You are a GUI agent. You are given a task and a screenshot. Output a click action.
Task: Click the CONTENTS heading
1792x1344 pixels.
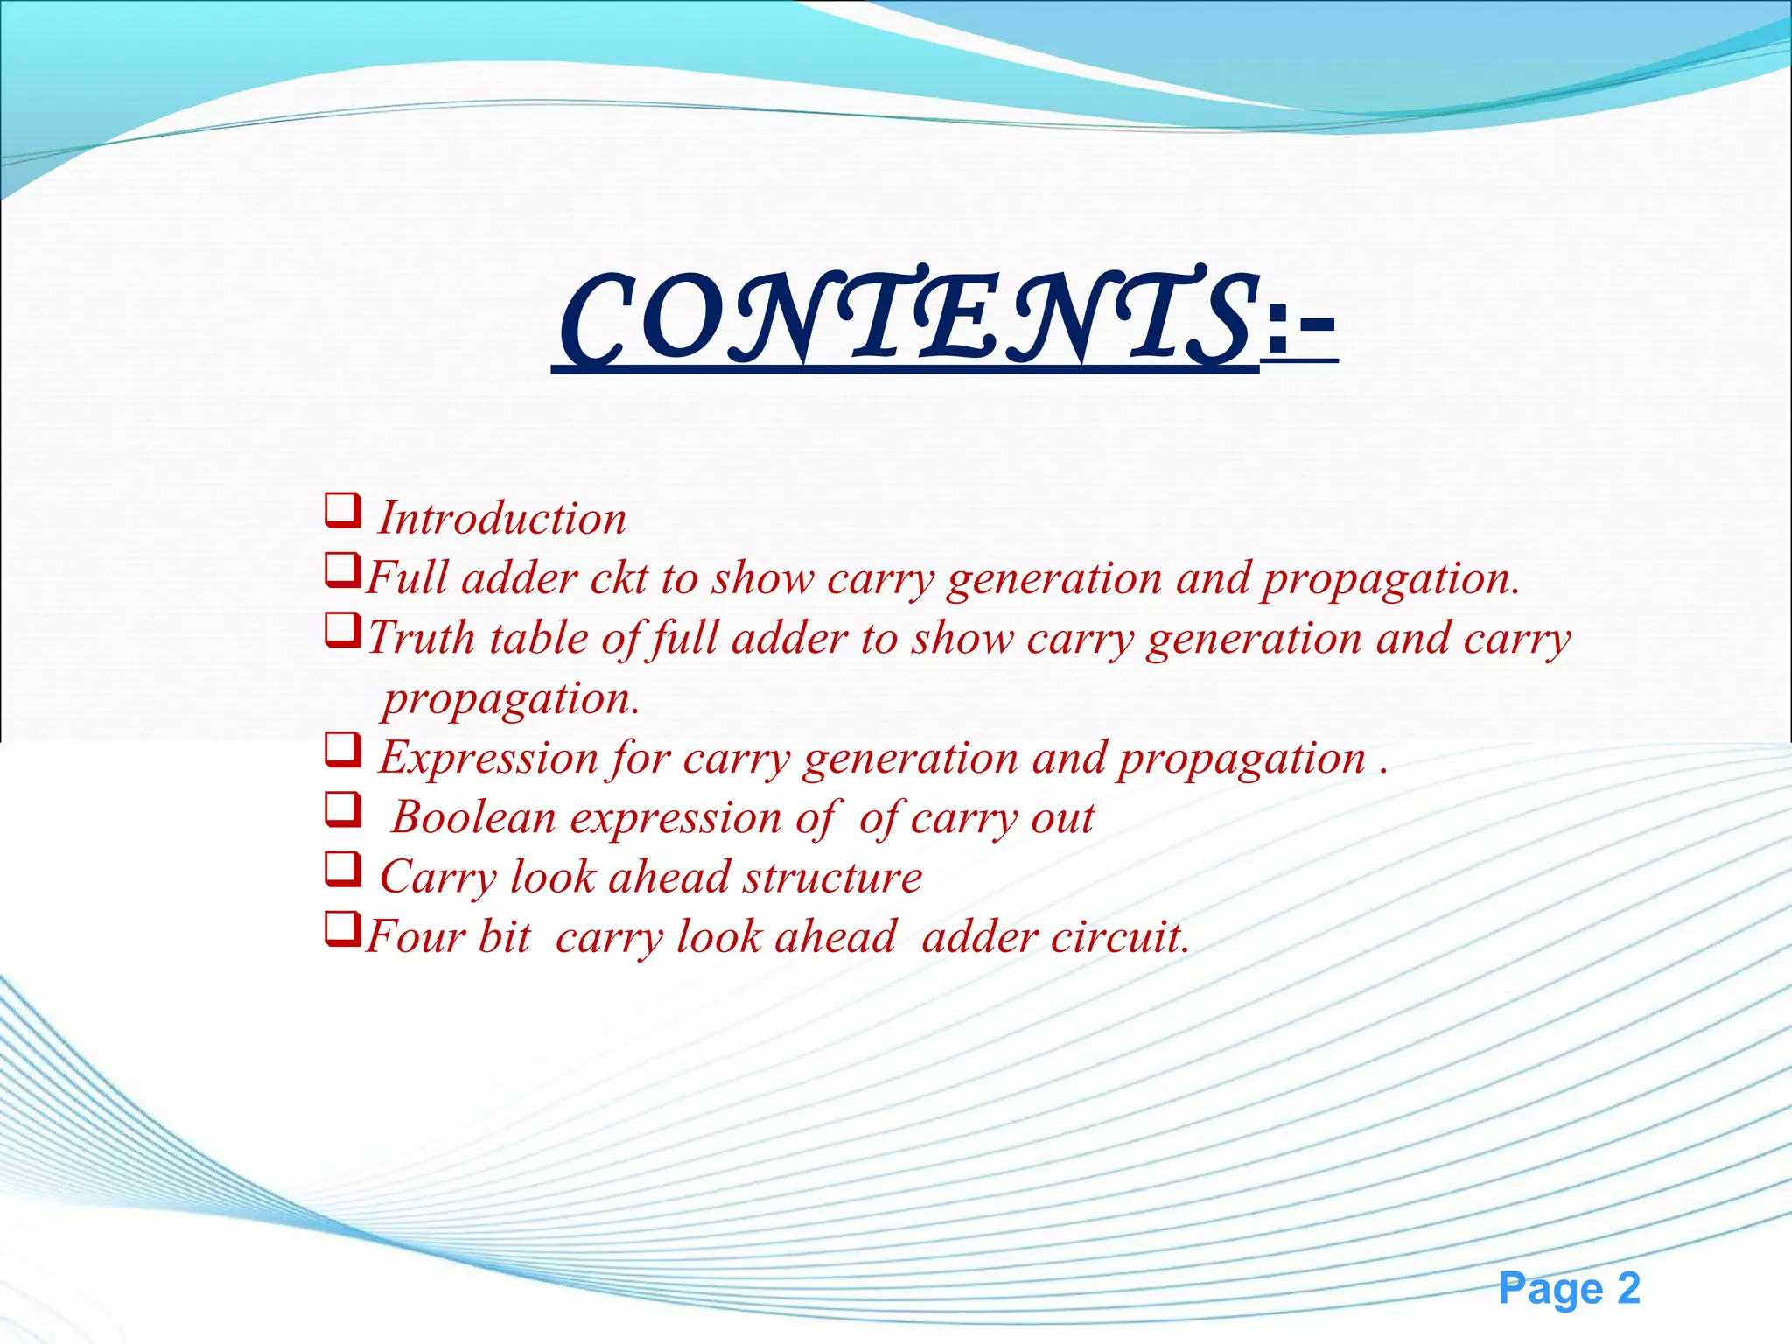(906, 319)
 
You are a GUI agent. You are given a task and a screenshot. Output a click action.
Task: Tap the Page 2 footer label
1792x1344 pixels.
(1569, 1289)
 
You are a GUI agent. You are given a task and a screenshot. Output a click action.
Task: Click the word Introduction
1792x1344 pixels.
(502, 518)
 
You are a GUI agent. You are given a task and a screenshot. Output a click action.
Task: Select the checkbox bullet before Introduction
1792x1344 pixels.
(342, 510)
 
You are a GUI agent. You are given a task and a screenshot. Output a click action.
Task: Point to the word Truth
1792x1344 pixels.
(421, 638)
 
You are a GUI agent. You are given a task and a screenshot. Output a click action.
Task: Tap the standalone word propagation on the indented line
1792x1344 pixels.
(511, 699)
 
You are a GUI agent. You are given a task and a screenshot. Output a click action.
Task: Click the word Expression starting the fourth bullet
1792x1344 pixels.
(487, 758)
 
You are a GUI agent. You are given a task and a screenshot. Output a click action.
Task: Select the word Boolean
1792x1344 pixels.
(473, 817)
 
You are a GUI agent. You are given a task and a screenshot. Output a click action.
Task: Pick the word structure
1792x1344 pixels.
(832, 877)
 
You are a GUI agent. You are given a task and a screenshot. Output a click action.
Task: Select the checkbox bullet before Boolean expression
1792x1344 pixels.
(342, 809)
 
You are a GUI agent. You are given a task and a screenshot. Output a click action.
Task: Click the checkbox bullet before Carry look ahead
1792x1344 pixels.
(342, 870)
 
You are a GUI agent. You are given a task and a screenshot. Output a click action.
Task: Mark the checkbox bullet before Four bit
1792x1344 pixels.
(342, 929)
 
